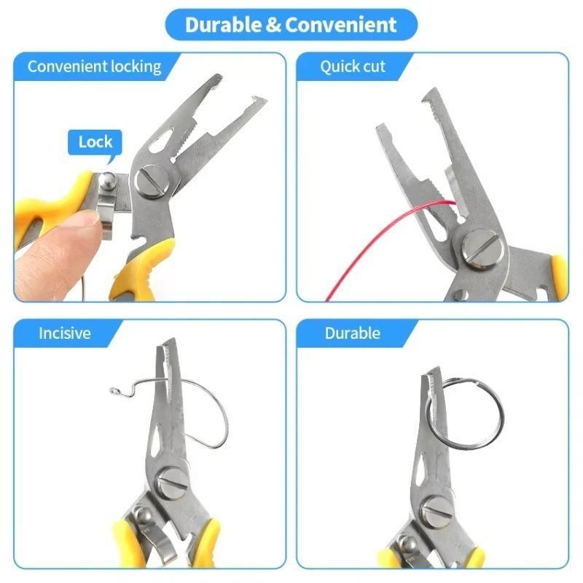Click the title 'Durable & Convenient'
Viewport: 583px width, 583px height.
291,25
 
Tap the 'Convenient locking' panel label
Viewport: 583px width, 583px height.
94,66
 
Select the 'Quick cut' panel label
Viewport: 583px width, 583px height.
353,66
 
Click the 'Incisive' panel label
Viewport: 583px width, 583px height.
65,334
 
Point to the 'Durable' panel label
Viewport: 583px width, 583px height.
353,334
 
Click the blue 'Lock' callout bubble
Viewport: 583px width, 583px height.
95,141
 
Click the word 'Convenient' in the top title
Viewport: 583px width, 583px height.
341,25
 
